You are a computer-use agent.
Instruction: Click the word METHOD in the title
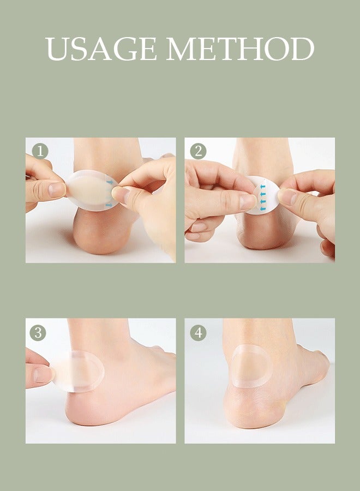pyautogui.click(x=241, y=49)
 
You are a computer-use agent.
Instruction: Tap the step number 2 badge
pyautogui.click(x=197, y=151)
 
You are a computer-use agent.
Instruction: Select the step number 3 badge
pyautogui.click(x=38, y=332)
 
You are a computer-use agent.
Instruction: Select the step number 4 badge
pyautogui.click(x=197, y=332)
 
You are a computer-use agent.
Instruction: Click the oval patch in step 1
pyautogui.click(x=90, y=190)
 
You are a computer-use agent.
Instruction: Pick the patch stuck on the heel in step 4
pyautogui.click(x=252, y=366)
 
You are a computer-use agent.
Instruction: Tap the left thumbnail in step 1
pyautogui.click(x=57, y=190)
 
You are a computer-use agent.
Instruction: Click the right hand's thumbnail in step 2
pyautogui.click(x=287, y=197)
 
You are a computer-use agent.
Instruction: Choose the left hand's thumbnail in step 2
pyautogui.click(x=249, y=201)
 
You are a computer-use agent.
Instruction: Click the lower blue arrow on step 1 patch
pyautogui.click(x=110, y=205)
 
